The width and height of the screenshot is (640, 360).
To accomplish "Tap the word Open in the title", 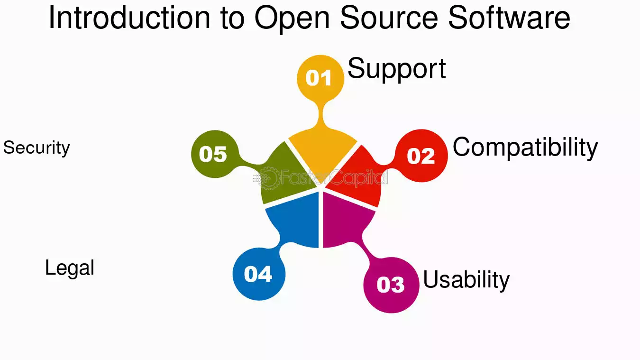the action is (292, 19).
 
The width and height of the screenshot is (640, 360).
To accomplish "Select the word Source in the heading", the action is (389, 18).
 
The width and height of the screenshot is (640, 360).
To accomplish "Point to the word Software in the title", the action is (509, 18).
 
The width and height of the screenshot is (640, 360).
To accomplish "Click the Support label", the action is (397, 69).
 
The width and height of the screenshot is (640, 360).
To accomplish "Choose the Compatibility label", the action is (525, 148).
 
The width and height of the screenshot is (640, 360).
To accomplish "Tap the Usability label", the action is (466, 280).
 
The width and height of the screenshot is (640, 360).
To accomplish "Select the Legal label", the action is (69, 268).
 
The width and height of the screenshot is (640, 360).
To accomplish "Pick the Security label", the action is (37, 148).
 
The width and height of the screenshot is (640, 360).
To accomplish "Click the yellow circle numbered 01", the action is (320, 78).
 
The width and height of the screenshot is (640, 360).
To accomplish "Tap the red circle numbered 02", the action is (421, 156).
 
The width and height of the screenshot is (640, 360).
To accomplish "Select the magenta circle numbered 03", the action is (391, 285).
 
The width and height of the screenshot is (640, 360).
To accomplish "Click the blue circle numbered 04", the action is (259, 274).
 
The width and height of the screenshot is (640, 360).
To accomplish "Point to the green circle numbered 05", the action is (215, 154).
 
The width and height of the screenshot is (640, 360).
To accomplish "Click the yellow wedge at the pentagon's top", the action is (322, 152).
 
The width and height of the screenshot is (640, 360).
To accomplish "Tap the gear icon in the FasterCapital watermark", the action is (269, 178).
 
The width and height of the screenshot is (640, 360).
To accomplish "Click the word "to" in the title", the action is (232, 19).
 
